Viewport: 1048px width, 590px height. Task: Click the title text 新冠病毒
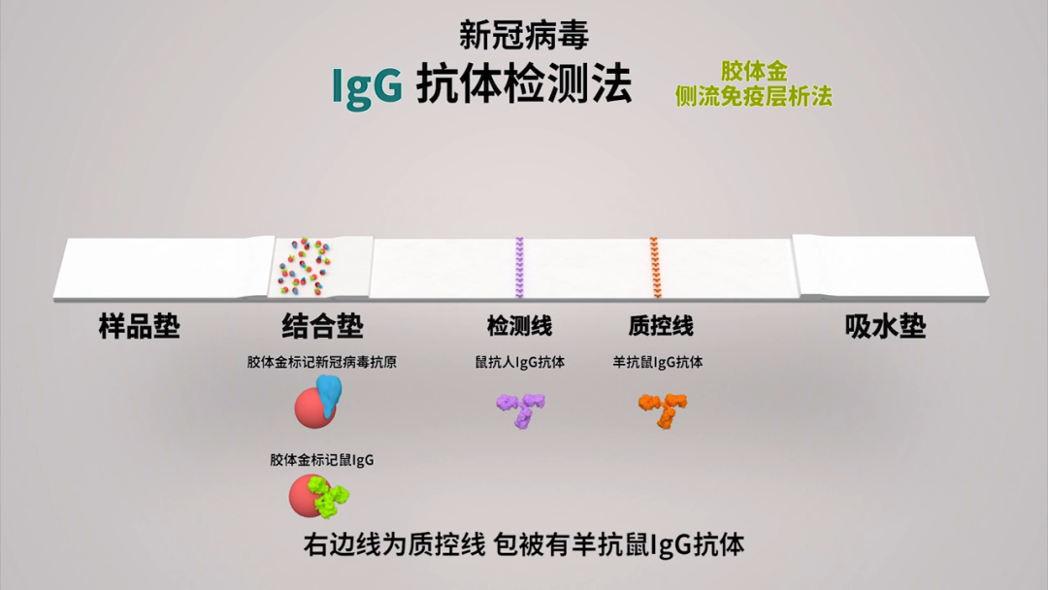coord(524,36)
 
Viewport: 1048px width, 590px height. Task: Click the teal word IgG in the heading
coord(367,86)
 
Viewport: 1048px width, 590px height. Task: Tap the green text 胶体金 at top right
coord(754,72)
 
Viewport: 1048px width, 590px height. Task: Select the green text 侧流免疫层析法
coord(754,95)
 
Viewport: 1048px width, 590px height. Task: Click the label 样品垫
coord(140,326)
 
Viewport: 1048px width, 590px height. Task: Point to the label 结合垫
coord(323,326)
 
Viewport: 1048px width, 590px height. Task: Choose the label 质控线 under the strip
coord(661,326)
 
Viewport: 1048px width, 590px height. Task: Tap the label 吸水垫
coord(885,326)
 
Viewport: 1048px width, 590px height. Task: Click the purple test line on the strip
coord(519,267)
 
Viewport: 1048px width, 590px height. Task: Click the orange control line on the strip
coord(655,267)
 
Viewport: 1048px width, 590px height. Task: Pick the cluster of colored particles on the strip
coord(306,266)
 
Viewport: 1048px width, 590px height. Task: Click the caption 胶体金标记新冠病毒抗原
coord(321,363)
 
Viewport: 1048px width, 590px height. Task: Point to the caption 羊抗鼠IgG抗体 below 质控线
coord(658,363)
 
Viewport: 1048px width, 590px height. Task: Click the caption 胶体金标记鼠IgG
coord(321,460)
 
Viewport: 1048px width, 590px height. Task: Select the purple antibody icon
coord(521,409)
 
